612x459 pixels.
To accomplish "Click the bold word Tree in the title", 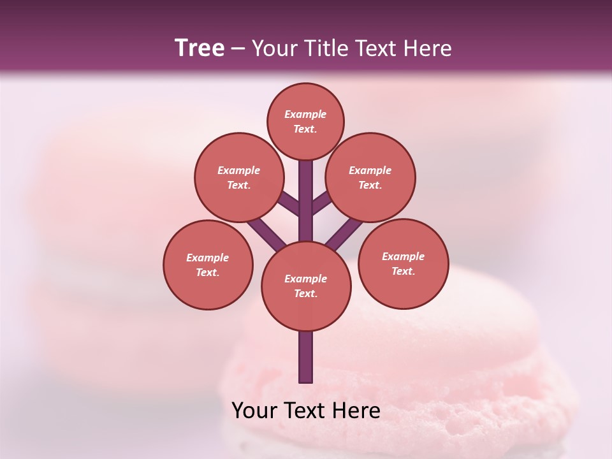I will (200, 48).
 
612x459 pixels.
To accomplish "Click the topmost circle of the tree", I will (305, 121).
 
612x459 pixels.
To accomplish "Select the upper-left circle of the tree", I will (238, 177).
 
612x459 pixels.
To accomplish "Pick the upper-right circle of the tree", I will (370, 177).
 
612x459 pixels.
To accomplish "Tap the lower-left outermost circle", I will (208, 265).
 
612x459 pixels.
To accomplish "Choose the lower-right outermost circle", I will (403, 263).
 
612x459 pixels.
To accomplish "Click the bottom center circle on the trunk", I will (306, 286).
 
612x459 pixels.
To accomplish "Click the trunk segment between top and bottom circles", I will (306, 201).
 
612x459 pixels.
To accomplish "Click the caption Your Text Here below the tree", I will (306, 411).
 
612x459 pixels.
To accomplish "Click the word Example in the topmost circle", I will (305, 114).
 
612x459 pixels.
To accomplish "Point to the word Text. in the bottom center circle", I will (305, 294).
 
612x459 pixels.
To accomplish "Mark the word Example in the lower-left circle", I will (208, 258).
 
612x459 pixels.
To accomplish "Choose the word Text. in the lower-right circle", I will (403, 271).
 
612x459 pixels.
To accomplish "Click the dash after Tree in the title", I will (238, 48).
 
